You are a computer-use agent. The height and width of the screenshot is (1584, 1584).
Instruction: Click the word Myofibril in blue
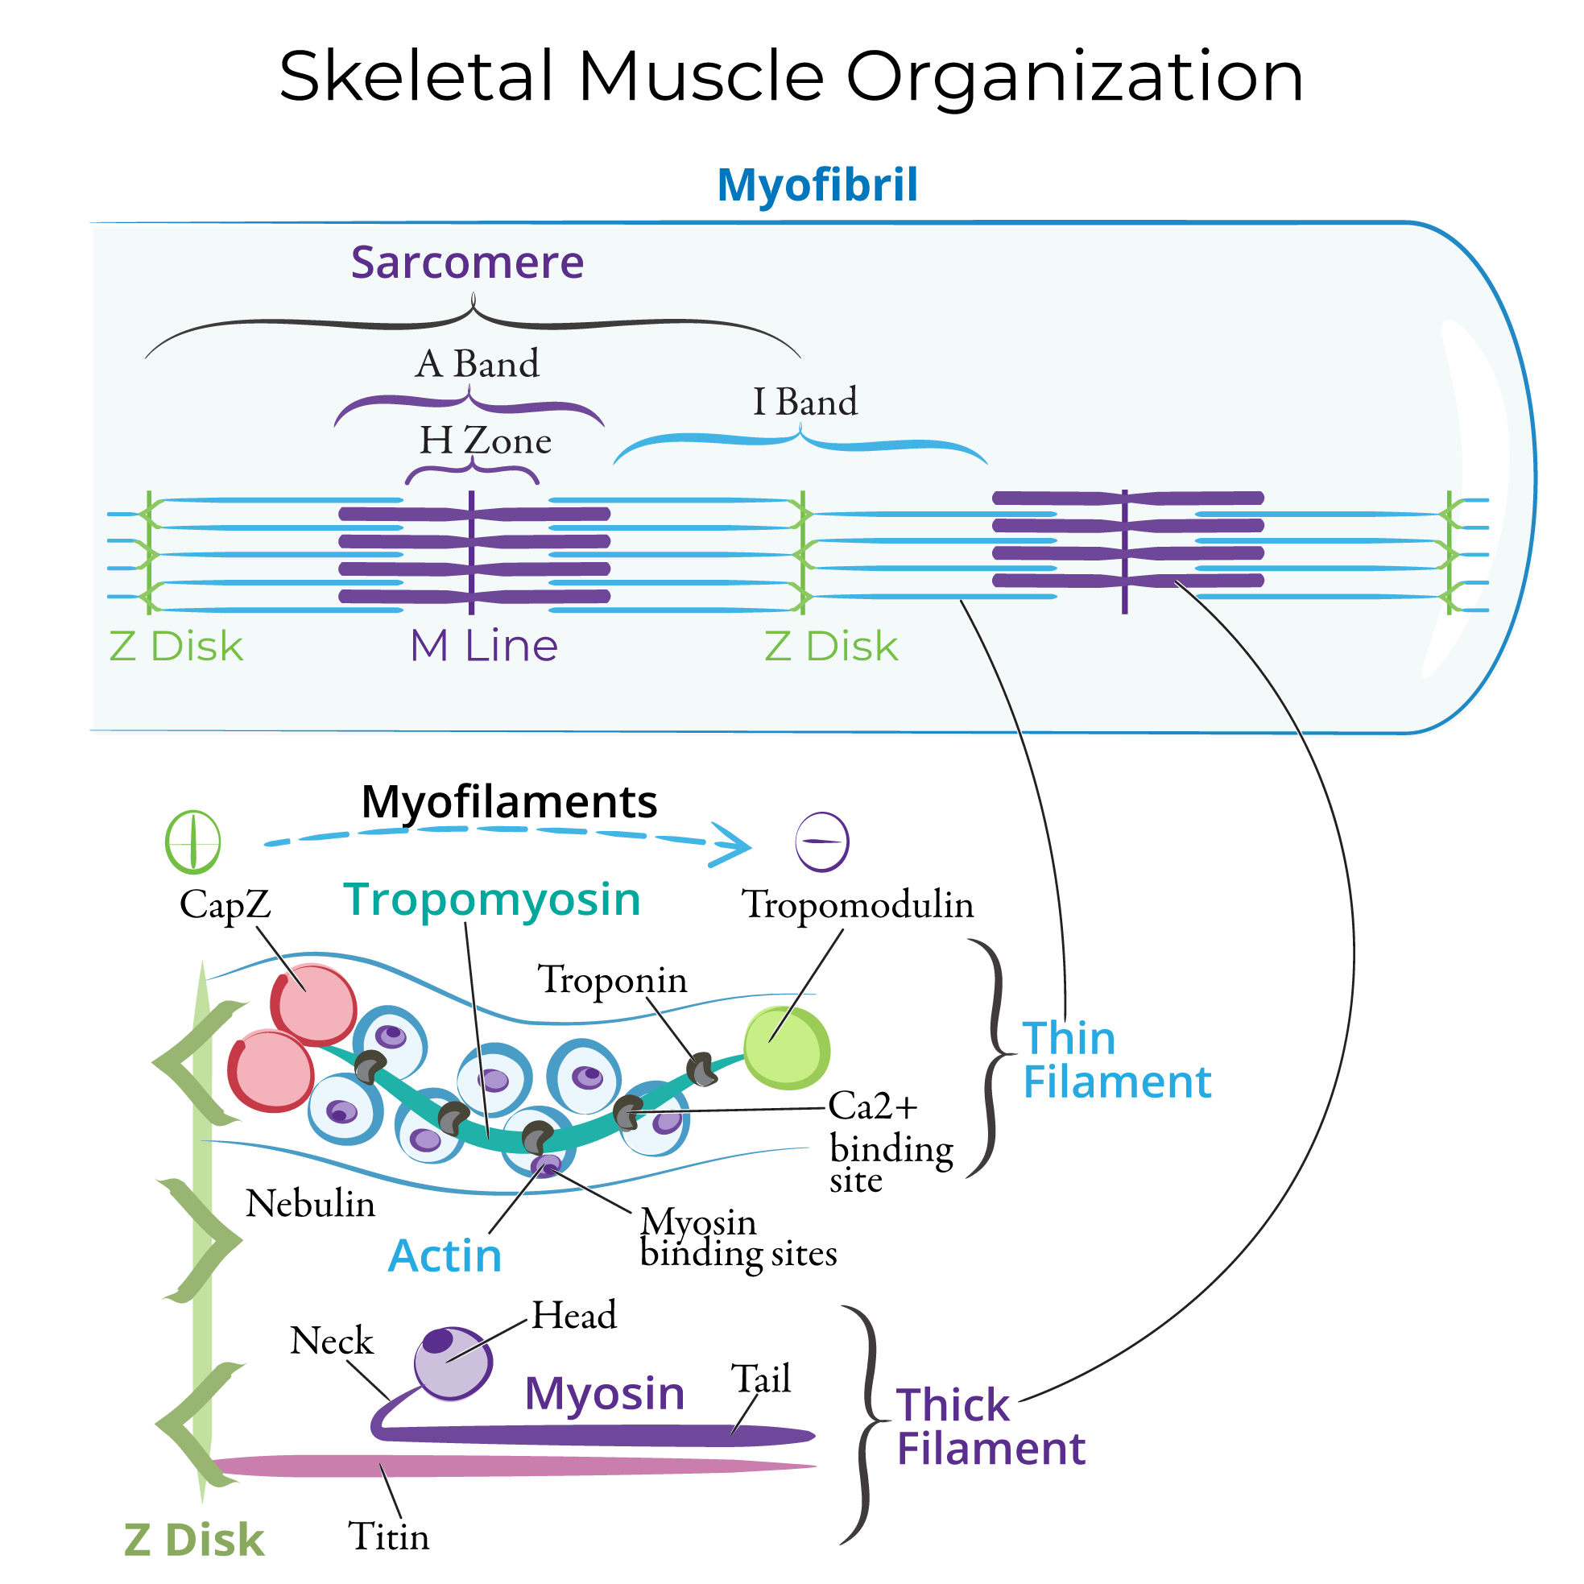pos(817,184)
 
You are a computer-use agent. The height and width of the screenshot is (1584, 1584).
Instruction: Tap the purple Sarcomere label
pos(467,263)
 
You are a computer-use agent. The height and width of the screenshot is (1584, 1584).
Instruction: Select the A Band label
pos(478,364)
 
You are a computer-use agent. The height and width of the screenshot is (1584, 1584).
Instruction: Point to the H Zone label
pos(486,441)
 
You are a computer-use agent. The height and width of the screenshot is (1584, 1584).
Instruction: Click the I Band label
pos(804,403)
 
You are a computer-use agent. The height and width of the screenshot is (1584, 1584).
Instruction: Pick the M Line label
pos(484,646)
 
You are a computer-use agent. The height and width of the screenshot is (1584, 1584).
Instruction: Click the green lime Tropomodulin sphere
pos(786,1048)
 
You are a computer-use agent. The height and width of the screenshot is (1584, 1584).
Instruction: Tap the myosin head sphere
pos(452,1363)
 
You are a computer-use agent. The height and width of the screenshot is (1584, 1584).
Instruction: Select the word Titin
pos(388,1536)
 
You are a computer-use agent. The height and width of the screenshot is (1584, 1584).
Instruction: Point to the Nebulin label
pos(310,1205)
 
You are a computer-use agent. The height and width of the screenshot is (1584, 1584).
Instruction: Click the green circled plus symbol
pos(192,842)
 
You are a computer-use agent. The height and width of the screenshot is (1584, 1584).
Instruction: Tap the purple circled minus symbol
pos(821,842)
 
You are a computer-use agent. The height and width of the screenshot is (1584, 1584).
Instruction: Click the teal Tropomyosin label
pos(491,900)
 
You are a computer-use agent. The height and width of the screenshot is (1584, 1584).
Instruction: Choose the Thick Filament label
pos(990,1428)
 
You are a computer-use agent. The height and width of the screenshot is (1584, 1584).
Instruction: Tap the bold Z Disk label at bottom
pos(193,1540)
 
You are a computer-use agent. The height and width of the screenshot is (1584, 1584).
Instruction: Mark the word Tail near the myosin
pos(760,1379)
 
